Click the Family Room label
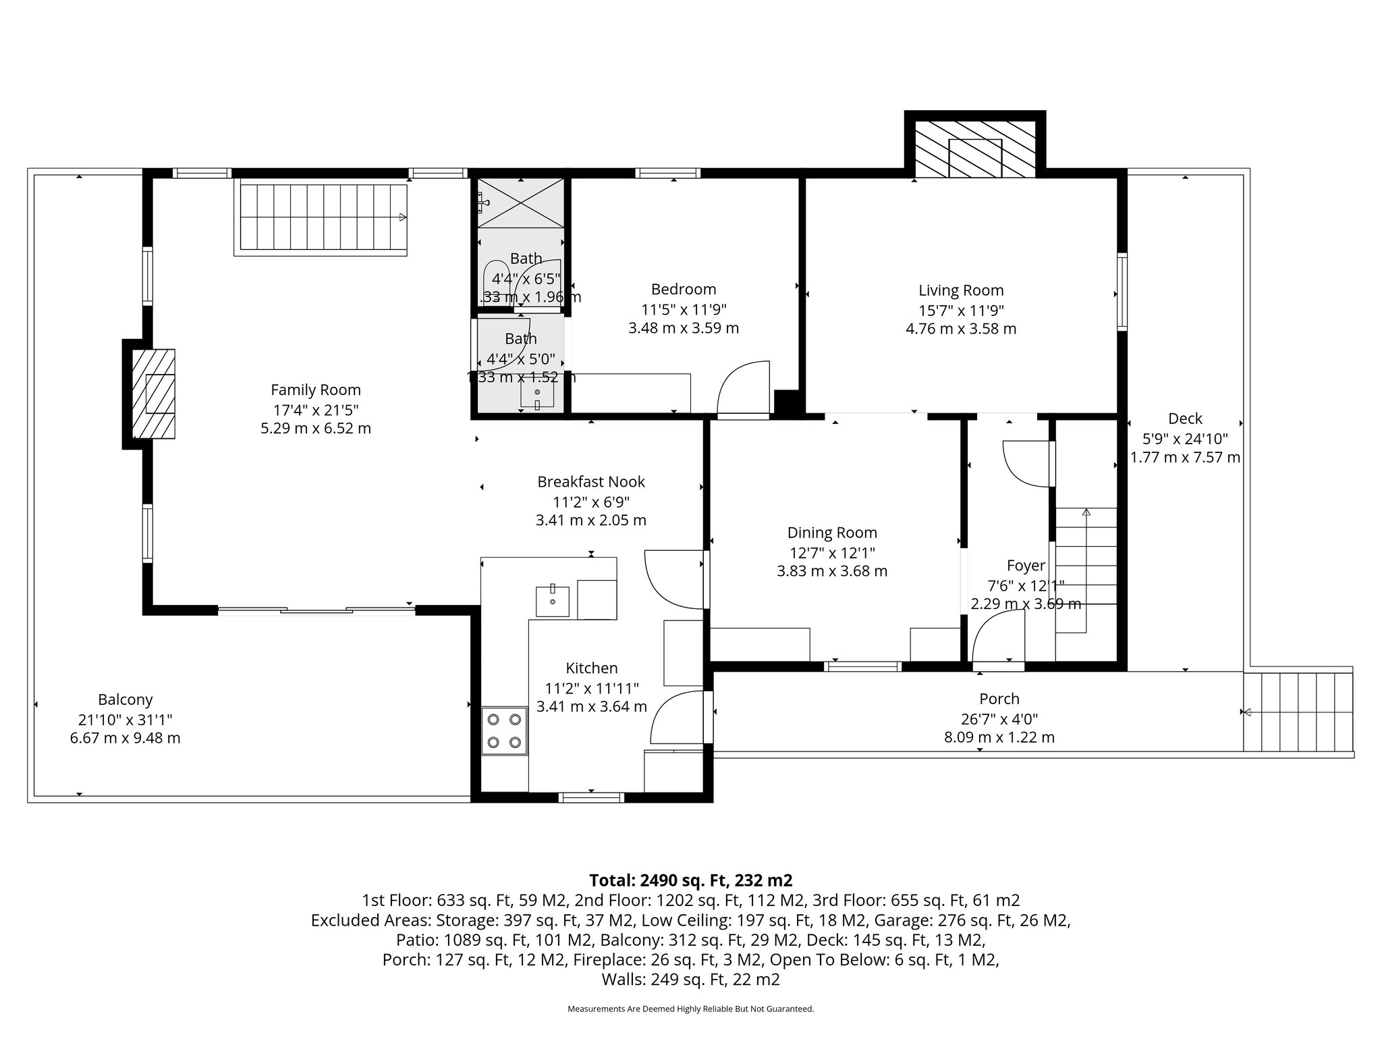[315, 390]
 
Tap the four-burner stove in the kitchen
[504, 730]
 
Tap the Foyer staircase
[1085, 570]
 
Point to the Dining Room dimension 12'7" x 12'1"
[832, 552]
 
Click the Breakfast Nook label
[590, 481]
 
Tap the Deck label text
[1185, 419]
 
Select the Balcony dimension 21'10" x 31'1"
[125, 720]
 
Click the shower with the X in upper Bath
[520, 203]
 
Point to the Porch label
[999, 699]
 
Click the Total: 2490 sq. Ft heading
[690, 880]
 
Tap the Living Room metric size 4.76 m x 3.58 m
[960, 329]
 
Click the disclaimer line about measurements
[690, 1009]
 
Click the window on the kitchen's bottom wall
[591, 797]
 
